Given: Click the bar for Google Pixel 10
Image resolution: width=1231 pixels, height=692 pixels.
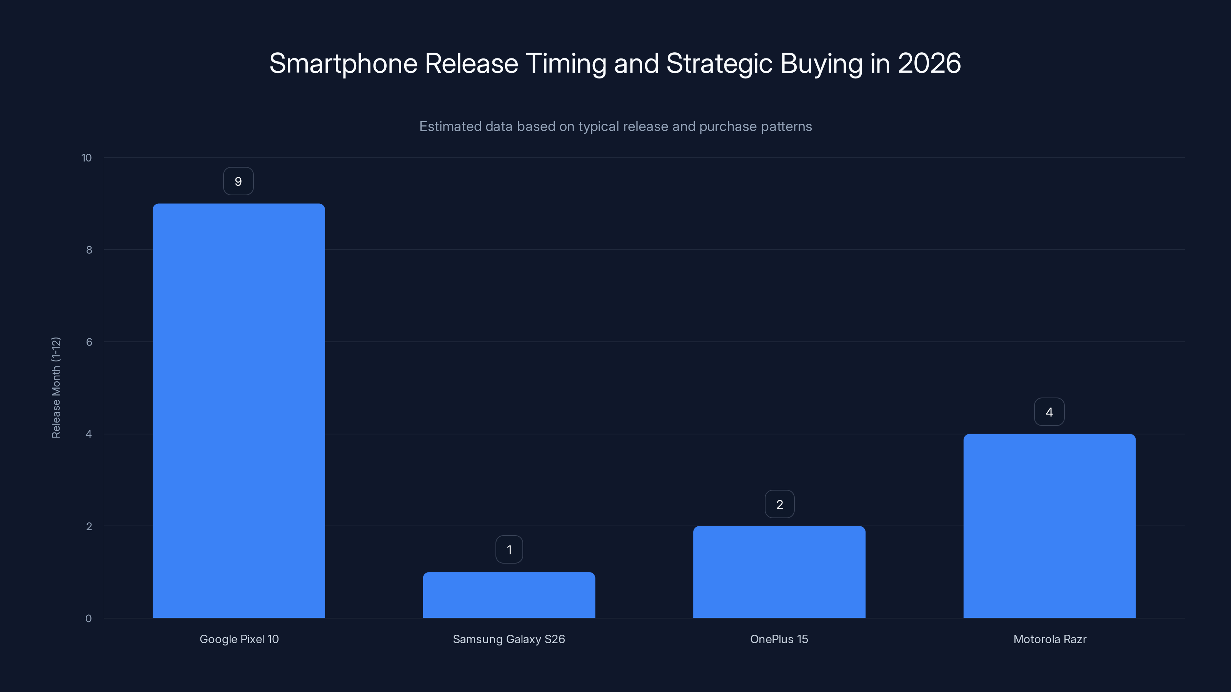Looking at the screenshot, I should (x=239, y=411).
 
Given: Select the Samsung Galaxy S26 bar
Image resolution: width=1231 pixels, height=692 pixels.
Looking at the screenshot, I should (x=509, y=595).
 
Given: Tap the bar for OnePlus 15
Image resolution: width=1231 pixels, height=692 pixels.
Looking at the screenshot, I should (x=779, y=572).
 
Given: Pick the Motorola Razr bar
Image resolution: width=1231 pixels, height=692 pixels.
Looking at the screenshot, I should (x=1049, y=526).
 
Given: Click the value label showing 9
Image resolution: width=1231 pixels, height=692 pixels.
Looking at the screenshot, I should (x=239, y=181).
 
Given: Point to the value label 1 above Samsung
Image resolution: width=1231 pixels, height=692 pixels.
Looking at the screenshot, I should (x=509, y=550).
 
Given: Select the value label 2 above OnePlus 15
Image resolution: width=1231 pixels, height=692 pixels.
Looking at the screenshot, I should (x=779, y=504).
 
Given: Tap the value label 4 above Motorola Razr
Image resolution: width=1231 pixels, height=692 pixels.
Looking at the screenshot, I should (x=1049, y=412).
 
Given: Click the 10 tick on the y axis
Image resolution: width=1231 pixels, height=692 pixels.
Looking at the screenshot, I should (x=87, y=158).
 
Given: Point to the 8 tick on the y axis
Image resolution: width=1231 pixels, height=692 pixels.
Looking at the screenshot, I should (x=89, y=250).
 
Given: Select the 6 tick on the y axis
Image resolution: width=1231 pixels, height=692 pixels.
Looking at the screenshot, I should (x=89, y=342).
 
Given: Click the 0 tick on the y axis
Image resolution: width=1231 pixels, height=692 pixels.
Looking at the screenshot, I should (x=88, y=619).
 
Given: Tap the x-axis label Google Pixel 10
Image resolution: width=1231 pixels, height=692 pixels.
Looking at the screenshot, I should (x=239, y=639).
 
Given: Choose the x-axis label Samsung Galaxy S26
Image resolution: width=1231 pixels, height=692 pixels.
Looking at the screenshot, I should (x=509, y=639).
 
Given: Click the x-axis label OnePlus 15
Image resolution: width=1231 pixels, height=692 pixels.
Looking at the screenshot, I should (x=779, y=639).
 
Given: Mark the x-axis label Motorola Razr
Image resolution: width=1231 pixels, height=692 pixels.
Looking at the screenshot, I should (x=1049, y=639).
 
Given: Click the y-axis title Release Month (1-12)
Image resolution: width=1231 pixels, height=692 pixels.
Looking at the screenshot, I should (x=56, y=387).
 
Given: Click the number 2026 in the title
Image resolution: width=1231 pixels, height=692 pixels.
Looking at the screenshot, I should (x=929, y=63).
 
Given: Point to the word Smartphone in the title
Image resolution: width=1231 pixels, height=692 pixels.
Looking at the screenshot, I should (x=343, y=63).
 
